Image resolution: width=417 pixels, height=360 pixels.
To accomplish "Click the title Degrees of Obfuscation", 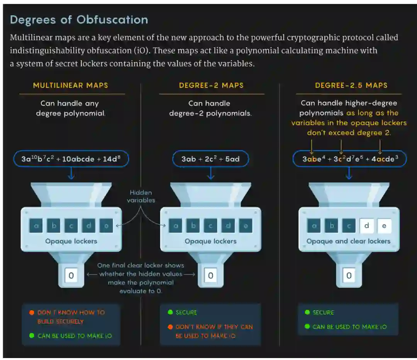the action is click(79, 20).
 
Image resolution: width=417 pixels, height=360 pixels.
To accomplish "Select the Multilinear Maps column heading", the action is click(71, 85).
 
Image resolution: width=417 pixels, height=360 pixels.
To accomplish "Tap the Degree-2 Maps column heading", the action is click(211, 85).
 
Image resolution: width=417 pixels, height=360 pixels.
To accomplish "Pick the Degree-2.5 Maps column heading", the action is click(351, 85).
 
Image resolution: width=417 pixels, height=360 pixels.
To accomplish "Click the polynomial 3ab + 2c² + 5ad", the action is click(210, 159).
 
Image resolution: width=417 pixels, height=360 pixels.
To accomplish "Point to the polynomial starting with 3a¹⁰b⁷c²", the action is click(71, 159).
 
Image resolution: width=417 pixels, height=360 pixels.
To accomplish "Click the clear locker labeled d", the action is click(366, 226).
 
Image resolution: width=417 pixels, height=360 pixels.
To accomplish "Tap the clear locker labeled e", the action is click(384, 226).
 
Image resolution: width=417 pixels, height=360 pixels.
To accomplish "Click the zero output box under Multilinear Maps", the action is click(71, 275).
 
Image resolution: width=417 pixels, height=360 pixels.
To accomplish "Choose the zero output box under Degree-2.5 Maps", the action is click(349, 275).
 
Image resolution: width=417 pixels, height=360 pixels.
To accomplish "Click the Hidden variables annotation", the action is click(141, 196).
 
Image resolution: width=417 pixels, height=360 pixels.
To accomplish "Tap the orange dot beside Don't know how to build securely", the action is click(32, 312).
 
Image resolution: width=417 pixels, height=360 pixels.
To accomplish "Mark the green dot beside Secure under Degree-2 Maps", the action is click(170, 312).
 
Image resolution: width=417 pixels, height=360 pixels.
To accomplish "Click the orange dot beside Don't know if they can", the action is click(170, 327).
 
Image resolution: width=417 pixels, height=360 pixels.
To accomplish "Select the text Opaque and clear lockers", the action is click(348, 241).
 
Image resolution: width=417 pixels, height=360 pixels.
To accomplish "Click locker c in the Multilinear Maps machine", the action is click(71, 226).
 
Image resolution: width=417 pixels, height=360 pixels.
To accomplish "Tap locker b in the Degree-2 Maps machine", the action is click(193, 226).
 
